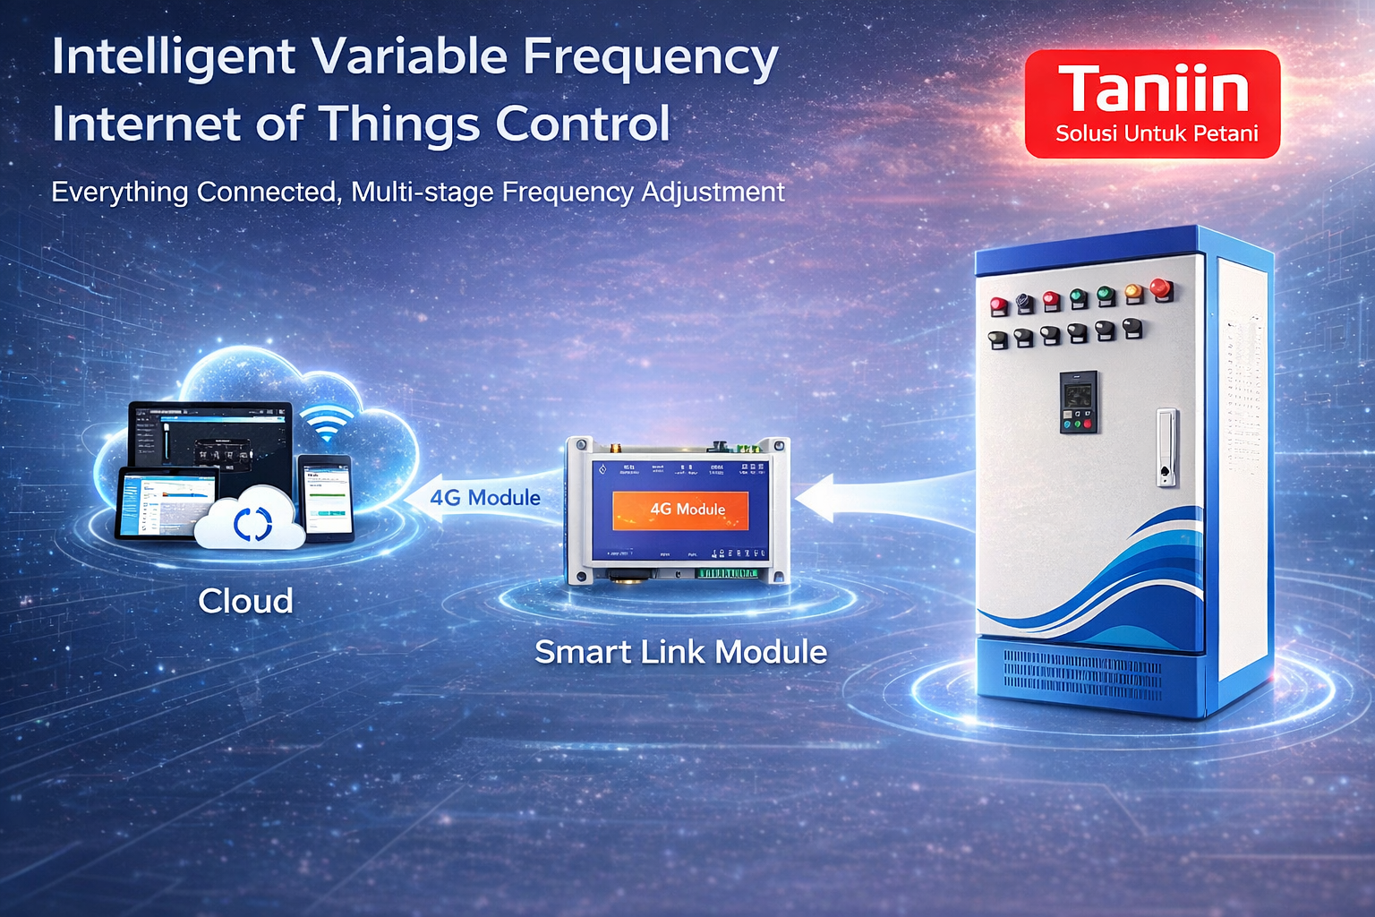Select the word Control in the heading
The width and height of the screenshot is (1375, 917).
pyautogui.click(x=583, y=124)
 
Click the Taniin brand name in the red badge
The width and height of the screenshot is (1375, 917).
pyautogui.click(x=1153, y=90)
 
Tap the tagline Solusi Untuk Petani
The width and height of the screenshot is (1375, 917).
pyautogui.click(x=1157, y=134)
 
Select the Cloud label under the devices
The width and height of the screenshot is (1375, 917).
pyautogui.click(x=245, y=601)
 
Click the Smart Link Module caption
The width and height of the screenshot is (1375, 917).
pyautogui.click(x=680, y=652)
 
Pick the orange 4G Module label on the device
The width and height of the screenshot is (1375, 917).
pyautogui.click(x=681, y=510)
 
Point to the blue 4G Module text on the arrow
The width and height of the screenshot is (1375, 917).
pyautogui.click(x=485, y=498)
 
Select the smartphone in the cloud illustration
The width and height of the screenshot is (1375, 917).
pyautogui.click(x=324, y=495)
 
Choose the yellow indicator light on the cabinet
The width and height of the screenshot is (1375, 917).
pyautogui.click(x=1133, y=293)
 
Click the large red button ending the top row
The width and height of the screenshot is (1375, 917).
pyautogui.click(x=1161, y=288)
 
